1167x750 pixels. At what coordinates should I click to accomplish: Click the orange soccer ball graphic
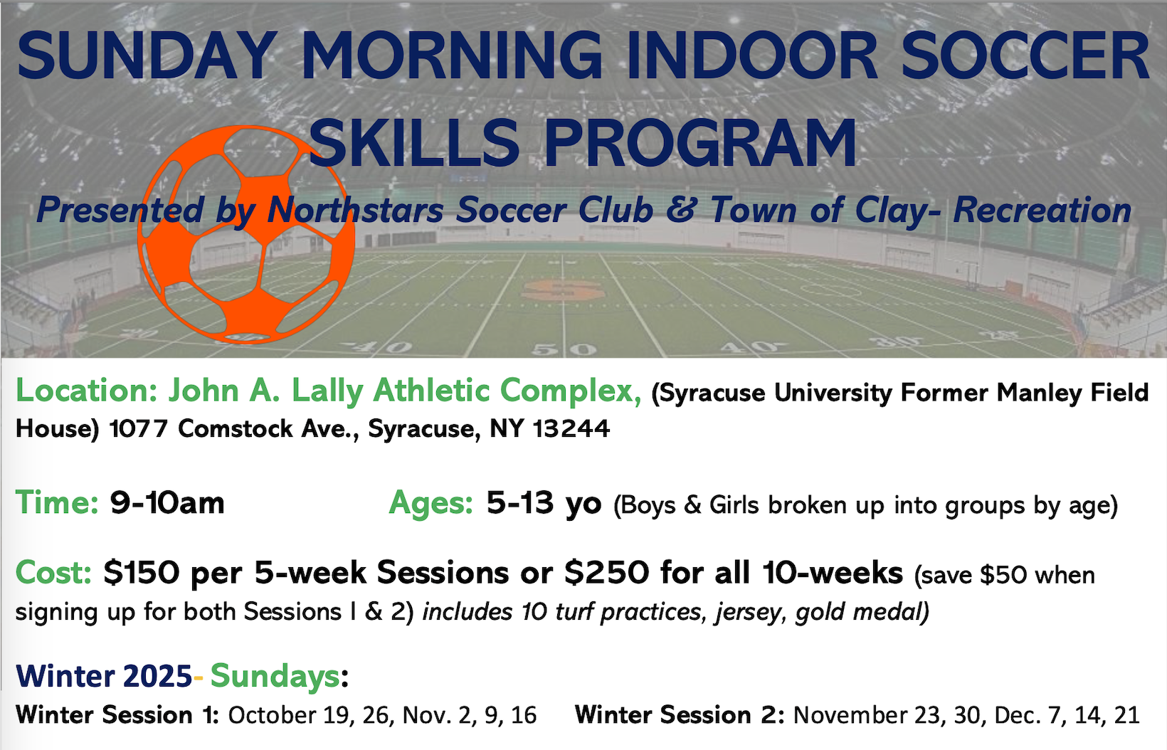pos(246,234)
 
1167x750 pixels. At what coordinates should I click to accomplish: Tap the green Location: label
pos(87,390)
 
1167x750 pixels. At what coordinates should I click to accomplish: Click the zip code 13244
pos(571,428)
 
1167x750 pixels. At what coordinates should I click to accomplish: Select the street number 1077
pos(139,428)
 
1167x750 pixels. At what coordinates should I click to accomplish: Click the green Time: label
pos(57,502)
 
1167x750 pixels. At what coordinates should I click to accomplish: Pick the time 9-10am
pos(167,503)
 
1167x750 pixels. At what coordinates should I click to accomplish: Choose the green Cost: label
pos(53,572)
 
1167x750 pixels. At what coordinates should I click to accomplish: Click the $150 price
pos(142,573)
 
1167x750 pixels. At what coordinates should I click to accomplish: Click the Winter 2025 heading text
pos(104,676)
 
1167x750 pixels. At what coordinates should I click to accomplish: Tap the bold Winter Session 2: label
pos(680,714)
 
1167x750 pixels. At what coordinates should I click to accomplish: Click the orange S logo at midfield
pos(563,290)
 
